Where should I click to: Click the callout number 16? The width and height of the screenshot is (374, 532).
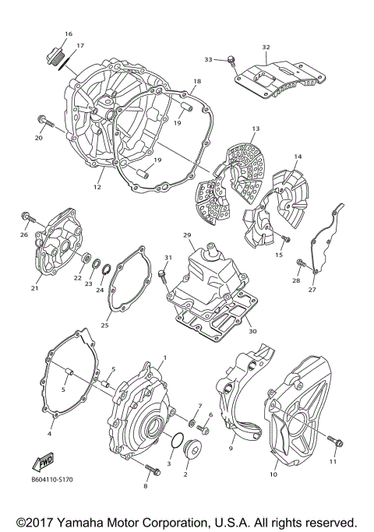68,34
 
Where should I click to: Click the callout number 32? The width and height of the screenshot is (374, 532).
266,48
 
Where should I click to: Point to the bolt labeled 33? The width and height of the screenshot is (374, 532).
232,60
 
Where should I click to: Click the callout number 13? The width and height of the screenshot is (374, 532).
255,128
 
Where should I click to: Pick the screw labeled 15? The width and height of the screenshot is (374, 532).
286,238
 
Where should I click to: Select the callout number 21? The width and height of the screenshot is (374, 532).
34,288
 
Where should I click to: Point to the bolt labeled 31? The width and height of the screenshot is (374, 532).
164,275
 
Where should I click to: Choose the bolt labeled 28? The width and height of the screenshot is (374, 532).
301,262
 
